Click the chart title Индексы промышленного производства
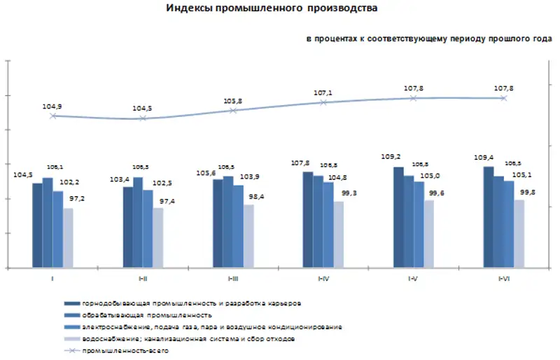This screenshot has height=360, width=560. [272, 8]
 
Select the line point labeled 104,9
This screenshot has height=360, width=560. [53, 116]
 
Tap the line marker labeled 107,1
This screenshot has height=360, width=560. [323, 102]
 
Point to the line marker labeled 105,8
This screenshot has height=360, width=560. [234, 111]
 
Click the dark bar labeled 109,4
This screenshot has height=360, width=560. [488, 217]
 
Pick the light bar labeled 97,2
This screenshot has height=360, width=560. [68, 238]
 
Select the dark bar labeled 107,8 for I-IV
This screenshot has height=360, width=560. [308, 219]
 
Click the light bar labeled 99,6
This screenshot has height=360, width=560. [429, 234]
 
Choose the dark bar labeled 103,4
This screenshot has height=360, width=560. [128, 227]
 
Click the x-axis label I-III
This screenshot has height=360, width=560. [233, 279]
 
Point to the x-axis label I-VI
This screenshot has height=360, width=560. [503, 279]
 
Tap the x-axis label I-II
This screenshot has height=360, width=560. [143, 279]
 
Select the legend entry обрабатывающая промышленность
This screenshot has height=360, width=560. [146, 316]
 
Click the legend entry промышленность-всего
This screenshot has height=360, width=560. [125, 350]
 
